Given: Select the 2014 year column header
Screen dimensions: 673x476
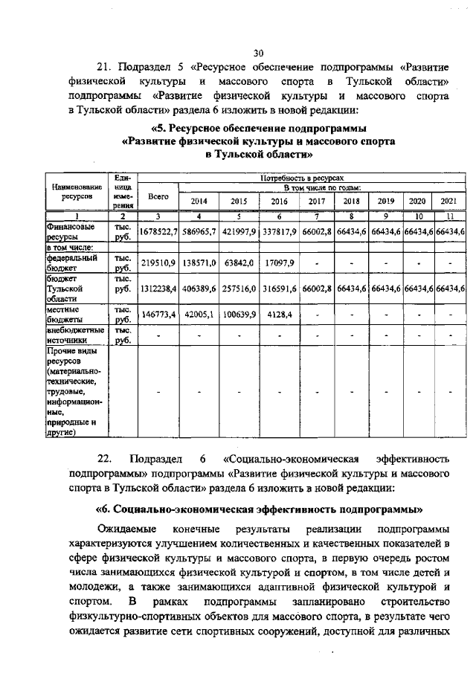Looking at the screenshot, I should tap(199, 201).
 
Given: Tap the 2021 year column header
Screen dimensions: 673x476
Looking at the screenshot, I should tap(448, 201).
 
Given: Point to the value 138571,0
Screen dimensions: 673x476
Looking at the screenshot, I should tap(199, 263).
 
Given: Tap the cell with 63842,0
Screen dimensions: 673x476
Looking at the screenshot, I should tap(239, 263).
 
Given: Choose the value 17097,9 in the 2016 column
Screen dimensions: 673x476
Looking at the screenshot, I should tap(279, 263).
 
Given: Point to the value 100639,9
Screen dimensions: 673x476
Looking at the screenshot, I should tap(239, 315).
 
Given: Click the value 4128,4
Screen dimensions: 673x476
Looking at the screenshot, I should tap(279, 315).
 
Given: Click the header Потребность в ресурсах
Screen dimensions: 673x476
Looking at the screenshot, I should tap(300, 178).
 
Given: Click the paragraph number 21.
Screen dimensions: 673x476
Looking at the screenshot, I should tap(106, 65).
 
